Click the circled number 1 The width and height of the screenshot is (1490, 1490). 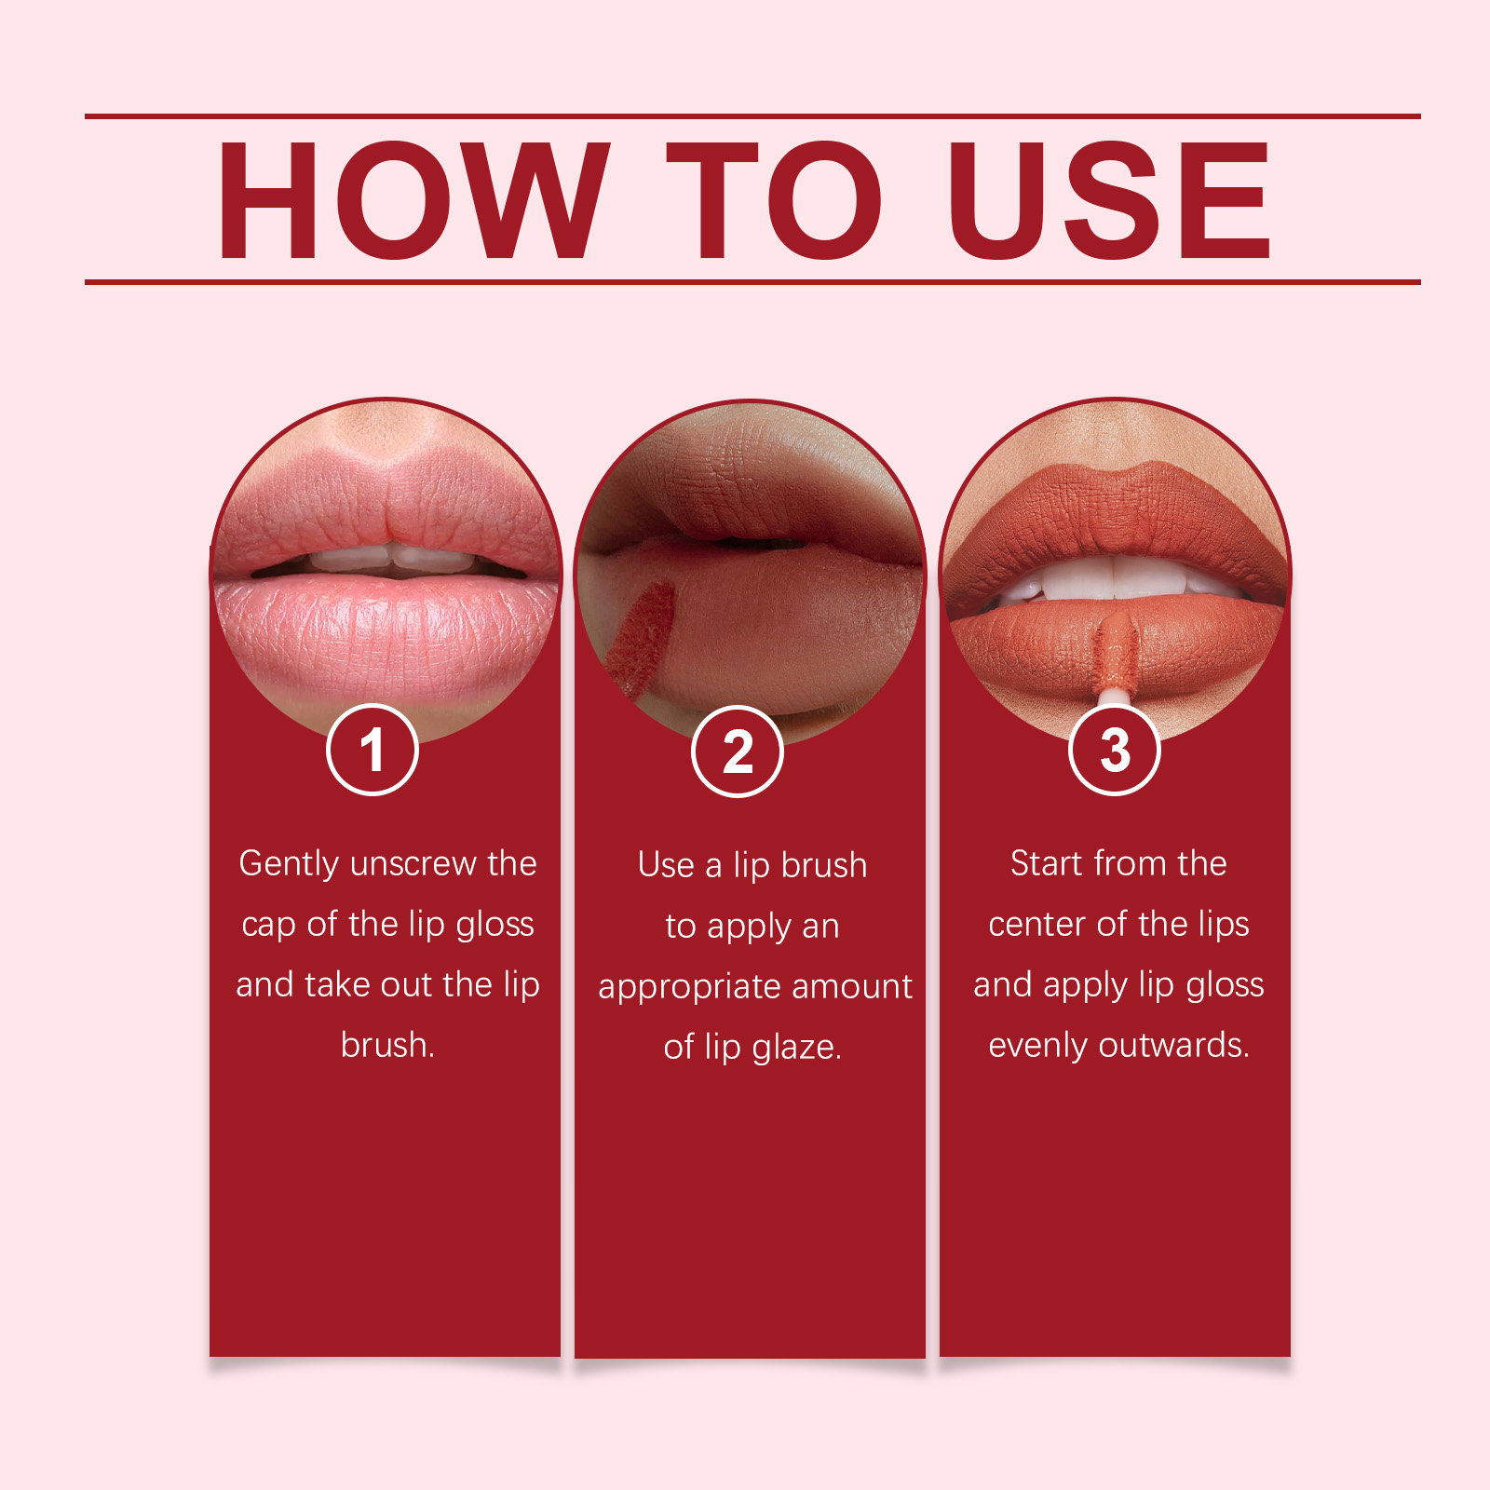372,750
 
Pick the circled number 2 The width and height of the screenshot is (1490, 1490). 738,752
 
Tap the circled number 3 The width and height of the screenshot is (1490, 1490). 1115,750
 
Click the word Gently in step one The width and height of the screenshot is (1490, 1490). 289,864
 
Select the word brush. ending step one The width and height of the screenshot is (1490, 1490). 387,1045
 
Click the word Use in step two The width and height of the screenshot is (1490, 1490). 666,865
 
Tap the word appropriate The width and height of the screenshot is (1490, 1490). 689,987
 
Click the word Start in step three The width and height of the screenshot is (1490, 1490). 1048,863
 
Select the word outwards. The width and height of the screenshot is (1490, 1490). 1173,1045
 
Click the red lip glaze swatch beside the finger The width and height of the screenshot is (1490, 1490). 641,641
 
